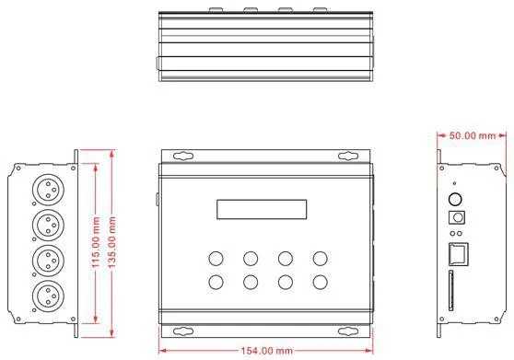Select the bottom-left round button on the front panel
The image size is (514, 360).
click(x=216, y=283)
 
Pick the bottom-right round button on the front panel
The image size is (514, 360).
click(x=320, y=283)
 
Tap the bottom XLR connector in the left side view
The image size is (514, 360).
click(x=47, y=296)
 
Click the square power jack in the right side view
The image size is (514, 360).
click(x=454, y=218)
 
